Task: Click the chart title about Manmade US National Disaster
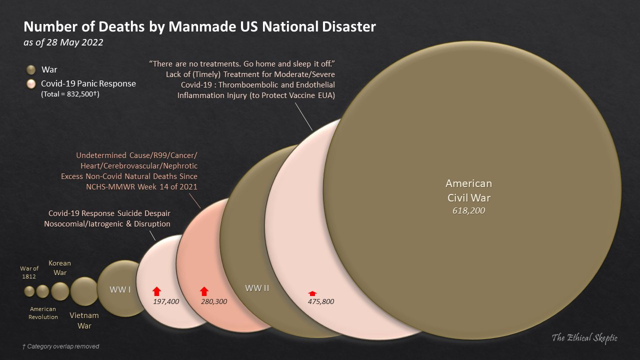(199, 26)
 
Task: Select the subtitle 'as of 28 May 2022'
(63, 42)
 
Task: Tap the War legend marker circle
(31, 69)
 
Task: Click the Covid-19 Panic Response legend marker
(31, 84)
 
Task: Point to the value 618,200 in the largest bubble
(468, 211)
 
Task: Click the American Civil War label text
(468, 190)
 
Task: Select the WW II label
(257, 288)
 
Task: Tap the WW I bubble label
(120, 289)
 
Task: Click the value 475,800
(320, 301)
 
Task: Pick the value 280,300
(214, 301)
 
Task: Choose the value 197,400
(165, 301)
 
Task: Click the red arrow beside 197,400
(156, 291)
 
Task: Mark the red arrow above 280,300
(204, 291)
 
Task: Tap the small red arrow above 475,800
(312, 293)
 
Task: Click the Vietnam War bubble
(84, 291)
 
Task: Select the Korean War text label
(59, 267)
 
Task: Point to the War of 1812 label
(29, 272)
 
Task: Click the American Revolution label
(43, 313)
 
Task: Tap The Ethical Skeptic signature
(584, 338)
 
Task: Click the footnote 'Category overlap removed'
(61, 346)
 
